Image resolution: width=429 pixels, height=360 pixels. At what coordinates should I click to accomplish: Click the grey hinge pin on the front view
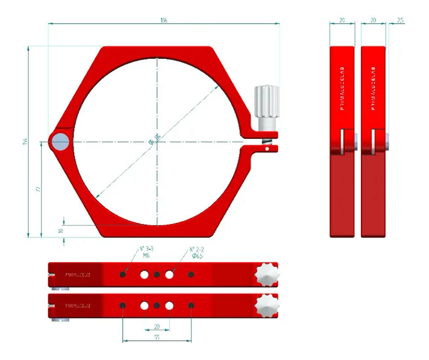pyautogui.click(x=60, y=143)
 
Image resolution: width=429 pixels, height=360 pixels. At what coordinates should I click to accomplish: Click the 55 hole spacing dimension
pyautogui.click(x=157, y=337)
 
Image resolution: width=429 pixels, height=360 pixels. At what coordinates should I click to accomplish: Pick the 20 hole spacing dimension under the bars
pyautogui.click(x=157, y=326)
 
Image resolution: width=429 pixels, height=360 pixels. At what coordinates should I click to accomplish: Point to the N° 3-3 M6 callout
pyautogui.click(x=146, y=252)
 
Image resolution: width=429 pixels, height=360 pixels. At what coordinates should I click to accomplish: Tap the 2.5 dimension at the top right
pyautogui.click(x=400, y=20)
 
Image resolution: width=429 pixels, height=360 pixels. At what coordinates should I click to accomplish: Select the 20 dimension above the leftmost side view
pyautogui.click(x=342, y=20)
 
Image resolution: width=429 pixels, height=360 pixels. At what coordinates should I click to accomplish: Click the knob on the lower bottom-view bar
pyautogui.click(x=267, y=304)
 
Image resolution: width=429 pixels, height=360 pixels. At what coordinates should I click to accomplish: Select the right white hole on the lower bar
pyautogui.click(x=170, y=305)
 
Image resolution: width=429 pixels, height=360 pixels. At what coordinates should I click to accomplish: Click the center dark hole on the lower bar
pyautogui.click(x=157, y=305)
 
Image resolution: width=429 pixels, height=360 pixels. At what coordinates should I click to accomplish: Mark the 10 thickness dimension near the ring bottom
pyautogui.click(x=60, y=231)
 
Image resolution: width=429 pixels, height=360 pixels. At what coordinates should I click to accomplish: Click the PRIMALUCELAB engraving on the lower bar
pyautogui.click(x=78, y=305)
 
